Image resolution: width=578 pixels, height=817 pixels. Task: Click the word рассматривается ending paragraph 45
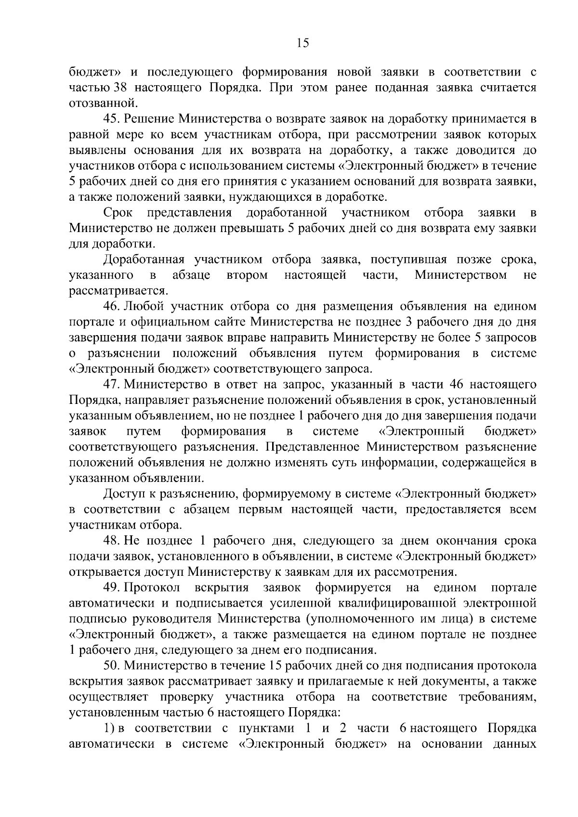(118, 291)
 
